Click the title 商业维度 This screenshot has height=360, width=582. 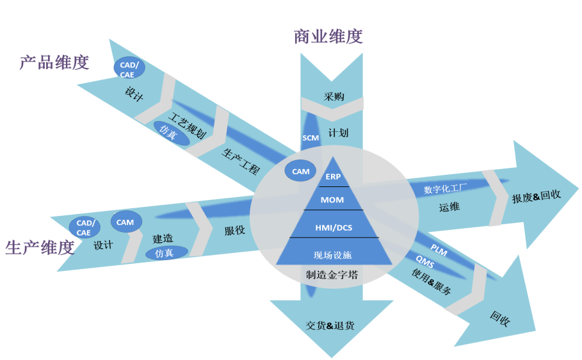[328, 36]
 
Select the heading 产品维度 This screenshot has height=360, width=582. [54, 62]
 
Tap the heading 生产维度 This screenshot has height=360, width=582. [40, 247]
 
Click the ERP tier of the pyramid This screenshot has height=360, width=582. [333, 177]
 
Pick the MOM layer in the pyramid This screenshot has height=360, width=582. [332, 200]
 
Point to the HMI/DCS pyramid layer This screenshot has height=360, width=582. [333, 227]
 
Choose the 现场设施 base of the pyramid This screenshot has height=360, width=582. [333, 254]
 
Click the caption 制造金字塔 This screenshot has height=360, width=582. [332, 275]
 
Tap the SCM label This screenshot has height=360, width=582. [311, 138]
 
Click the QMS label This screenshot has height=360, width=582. [425, 261]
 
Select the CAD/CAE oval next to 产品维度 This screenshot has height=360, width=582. [128, 69]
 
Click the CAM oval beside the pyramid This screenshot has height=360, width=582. [300, 171]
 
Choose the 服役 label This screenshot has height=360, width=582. [234, 230]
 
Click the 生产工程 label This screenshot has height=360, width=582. [241, 162]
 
